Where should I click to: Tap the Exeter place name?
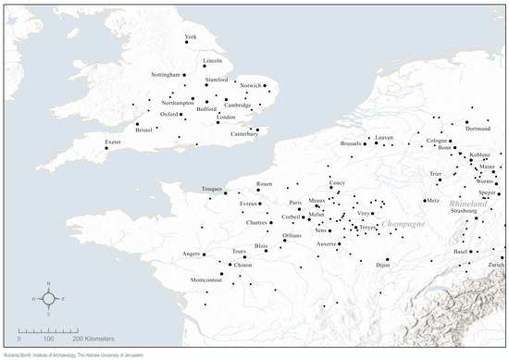[113, 142]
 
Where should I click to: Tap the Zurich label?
[492, 266]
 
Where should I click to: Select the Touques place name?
[213, 189]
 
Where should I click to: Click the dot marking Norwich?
[264, 86]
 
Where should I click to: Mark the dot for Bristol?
[137, 124]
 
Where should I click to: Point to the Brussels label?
[352, 143]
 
